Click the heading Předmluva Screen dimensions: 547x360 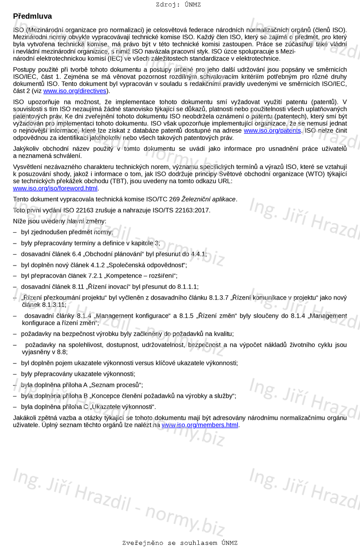(32, 16)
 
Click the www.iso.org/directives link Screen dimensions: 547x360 (75, 91)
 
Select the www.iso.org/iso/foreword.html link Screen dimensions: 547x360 (55, 188)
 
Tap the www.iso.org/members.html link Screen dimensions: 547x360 (200, 425)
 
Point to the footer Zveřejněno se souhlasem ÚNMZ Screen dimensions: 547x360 (180, 543)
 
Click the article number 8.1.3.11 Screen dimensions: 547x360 (53, 305)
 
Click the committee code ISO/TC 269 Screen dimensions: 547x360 (160, 199)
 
